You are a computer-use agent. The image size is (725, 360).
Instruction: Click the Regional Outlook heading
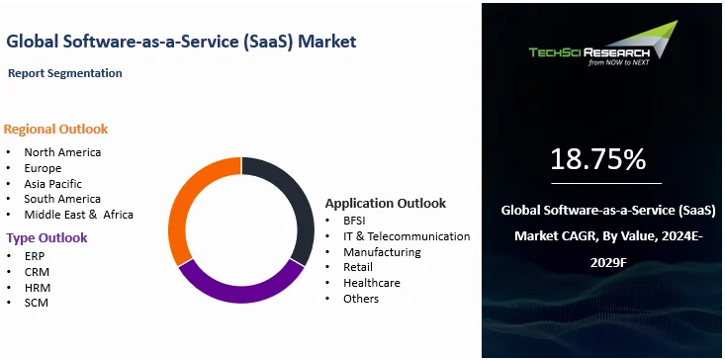point(55,130)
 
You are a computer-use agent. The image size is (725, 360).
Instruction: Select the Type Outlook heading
point(46,237)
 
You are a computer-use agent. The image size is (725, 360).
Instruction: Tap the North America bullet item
point(62,152)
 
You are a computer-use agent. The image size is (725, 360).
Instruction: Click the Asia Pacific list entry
point(53,183)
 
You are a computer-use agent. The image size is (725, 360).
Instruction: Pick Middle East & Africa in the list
point(78,215)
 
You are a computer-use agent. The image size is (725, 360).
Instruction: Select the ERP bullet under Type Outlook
point(36,255)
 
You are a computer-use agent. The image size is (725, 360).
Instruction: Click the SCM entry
point(37,303)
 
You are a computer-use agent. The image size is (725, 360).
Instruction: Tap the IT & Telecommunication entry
point(407,236)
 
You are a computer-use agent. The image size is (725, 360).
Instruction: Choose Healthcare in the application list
point(373,283)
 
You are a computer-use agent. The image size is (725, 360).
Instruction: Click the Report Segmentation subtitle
point(65,73)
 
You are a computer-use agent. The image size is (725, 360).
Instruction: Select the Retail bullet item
point(360,267)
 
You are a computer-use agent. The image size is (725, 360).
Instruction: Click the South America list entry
point(62,199)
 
